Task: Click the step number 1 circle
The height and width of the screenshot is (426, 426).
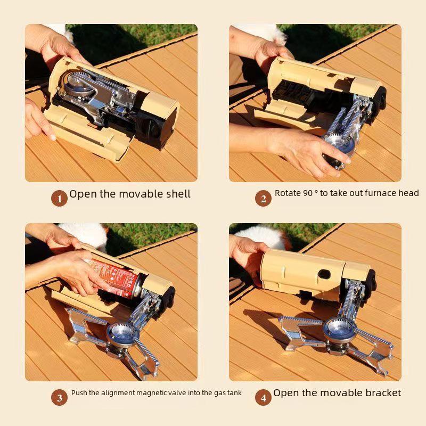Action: [x=59, y=199]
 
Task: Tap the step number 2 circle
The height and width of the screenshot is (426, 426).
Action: [x=263, y=199]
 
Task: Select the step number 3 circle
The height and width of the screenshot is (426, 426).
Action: [x=59, y=397]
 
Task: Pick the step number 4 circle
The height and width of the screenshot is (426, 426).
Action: [x=263, y=397]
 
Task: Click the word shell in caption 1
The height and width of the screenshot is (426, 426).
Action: [x=175, y=194]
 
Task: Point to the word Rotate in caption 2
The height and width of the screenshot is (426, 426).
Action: [x=288, y=193]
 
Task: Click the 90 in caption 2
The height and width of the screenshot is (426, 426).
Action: [x=308, y=193]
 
